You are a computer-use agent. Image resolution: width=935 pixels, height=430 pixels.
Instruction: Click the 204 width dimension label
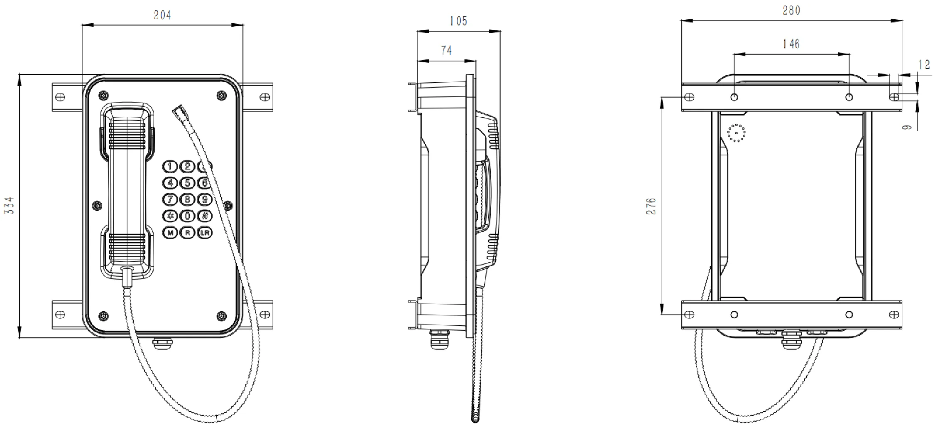point(162,15)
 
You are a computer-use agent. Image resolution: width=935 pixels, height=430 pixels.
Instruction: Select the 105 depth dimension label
point(458,21)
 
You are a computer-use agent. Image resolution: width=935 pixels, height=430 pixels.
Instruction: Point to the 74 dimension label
point(446,51)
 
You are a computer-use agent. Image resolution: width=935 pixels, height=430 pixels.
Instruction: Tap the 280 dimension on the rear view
point(791,10)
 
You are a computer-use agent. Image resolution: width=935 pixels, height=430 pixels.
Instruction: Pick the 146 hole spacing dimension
point(791,44)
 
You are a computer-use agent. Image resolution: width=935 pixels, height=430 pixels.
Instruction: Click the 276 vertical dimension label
point(651,206)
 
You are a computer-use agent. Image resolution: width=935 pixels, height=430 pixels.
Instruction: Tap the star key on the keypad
point(170,216)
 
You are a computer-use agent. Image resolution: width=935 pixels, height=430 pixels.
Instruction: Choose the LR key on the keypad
point(204,233)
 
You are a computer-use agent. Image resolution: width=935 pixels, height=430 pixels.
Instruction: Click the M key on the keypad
point(170,233)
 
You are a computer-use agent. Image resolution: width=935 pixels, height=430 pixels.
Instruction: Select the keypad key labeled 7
point(170,199)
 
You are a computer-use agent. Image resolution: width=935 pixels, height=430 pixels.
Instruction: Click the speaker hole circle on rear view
point(736,133)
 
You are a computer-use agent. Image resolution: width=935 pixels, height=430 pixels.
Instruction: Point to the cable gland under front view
point(162,343)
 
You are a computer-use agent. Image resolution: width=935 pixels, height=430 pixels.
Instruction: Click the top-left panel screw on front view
point(103,96)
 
